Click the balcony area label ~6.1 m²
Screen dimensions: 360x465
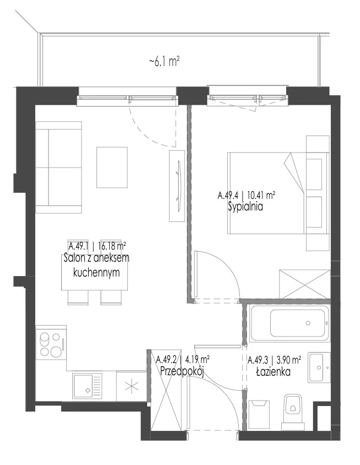(x=164, y=62)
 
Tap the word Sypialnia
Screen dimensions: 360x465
(x=245, y=207)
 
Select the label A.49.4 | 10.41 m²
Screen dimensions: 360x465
(x=246, y=196)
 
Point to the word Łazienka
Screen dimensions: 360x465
(x=273, y=371)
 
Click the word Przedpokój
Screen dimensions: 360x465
(x=181, y=371)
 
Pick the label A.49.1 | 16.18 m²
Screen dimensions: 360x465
(x=97, y=246)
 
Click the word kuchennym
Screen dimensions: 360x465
(x=96, y=272)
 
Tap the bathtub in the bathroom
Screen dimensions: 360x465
(x=289, y=323)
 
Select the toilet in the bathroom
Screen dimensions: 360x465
(x=293, y=412)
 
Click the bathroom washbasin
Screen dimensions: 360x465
(x=319, y=367)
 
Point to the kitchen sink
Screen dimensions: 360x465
(x=88, y=385)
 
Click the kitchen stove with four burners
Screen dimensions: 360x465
(x=51, y=344)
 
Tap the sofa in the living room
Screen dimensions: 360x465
(x=59, y=167)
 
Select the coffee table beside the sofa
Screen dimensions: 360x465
(x=112, y=167)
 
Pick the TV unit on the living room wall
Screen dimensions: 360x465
(x=177, y=186)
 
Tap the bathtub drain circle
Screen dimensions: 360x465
(x=308, y=323)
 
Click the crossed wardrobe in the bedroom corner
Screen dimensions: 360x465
(x=304, y=284)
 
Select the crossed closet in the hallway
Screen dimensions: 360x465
(x=166, y=391)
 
